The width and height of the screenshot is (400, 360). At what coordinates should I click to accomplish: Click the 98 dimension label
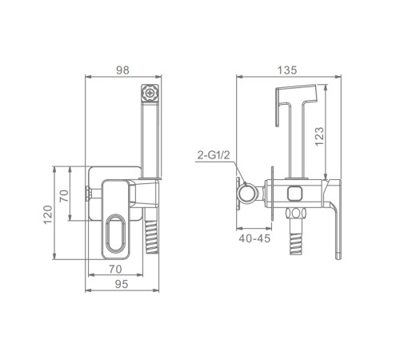122,70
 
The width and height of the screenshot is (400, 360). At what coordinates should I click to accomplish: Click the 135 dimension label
287,70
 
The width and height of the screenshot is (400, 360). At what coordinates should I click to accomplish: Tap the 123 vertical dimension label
319,137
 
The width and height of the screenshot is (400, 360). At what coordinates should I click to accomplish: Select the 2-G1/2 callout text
214,155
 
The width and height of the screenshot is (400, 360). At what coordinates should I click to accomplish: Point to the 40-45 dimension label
254,238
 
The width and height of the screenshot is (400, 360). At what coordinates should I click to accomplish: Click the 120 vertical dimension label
48,214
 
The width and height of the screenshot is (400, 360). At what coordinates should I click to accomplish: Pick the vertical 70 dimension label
64,196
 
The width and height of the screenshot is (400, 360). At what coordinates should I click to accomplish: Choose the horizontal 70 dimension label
115,269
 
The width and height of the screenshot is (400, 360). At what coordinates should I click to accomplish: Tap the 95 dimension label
122,284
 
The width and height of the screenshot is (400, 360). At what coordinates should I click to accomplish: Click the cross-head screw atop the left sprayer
150,94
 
